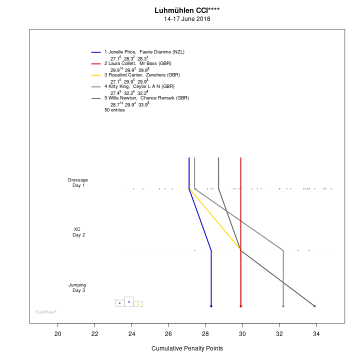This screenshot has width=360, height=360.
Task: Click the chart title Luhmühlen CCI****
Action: [x=187, y=10]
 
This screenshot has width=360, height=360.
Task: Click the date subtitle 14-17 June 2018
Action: [x=187, y=19]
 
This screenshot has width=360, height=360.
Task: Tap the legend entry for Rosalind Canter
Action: [x=142, y=75]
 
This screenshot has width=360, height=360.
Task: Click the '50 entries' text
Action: [x=114, y=110]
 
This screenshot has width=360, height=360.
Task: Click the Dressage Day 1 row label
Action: [x=78, y=182]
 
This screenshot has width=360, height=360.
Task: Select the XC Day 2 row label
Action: [x=77, y=232]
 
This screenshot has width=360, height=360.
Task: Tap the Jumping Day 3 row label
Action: [x=77, y=287]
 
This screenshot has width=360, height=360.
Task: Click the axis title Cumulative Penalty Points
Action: [x=187, y=348]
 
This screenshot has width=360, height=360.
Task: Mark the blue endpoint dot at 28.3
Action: [x=211, y=306]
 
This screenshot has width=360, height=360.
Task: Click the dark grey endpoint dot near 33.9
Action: [x=314, y=306]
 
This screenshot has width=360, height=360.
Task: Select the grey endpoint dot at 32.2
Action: [x=283, y=306]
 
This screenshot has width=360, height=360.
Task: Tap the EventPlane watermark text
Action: [x=45, y=312]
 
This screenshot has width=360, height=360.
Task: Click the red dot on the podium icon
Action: [x=119, y=303]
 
